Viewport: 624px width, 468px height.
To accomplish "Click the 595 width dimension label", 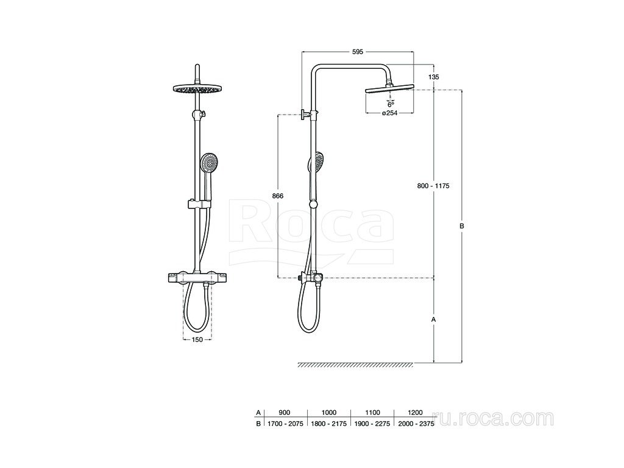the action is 358,52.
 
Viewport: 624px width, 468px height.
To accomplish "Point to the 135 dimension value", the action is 434,77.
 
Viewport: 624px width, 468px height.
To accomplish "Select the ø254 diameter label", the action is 389,113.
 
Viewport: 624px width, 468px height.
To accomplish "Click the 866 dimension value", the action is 277,196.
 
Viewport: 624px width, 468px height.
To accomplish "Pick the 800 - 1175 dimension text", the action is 433,186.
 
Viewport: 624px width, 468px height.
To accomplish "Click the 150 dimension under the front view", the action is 197,339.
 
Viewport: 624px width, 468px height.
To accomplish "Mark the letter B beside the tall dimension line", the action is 462,226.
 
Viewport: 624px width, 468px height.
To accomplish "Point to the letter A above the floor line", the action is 434,319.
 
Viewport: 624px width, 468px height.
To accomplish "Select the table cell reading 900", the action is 285,413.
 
